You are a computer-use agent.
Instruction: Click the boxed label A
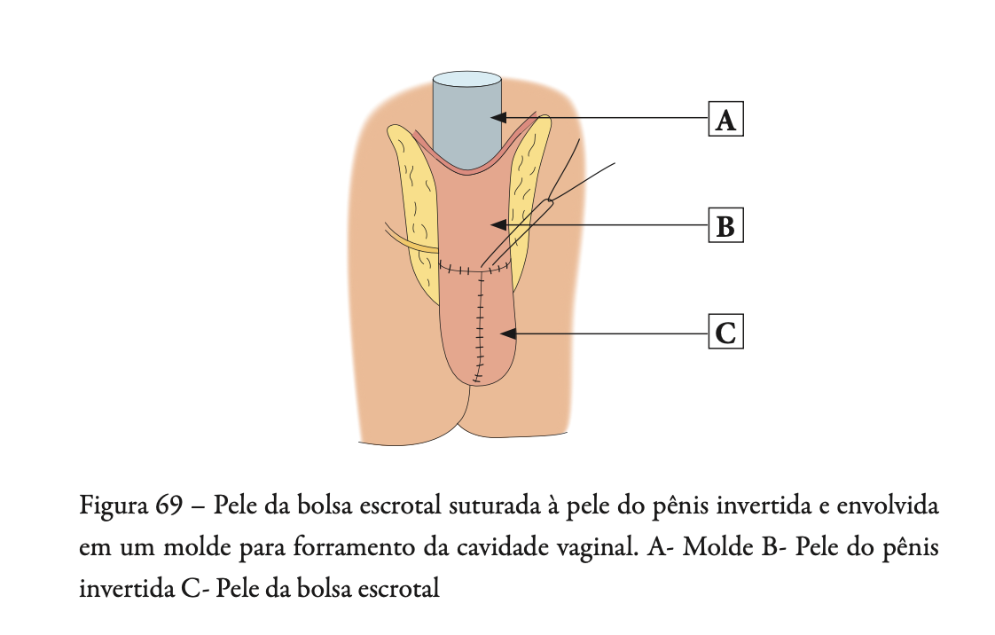(725, 119)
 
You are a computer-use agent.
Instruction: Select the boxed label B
(725, 226)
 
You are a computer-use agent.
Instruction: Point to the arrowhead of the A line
(499, 117)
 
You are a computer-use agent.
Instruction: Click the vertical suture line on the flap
(480, 328)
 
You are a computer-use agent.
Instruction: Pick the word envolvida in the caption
(889, 508)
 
